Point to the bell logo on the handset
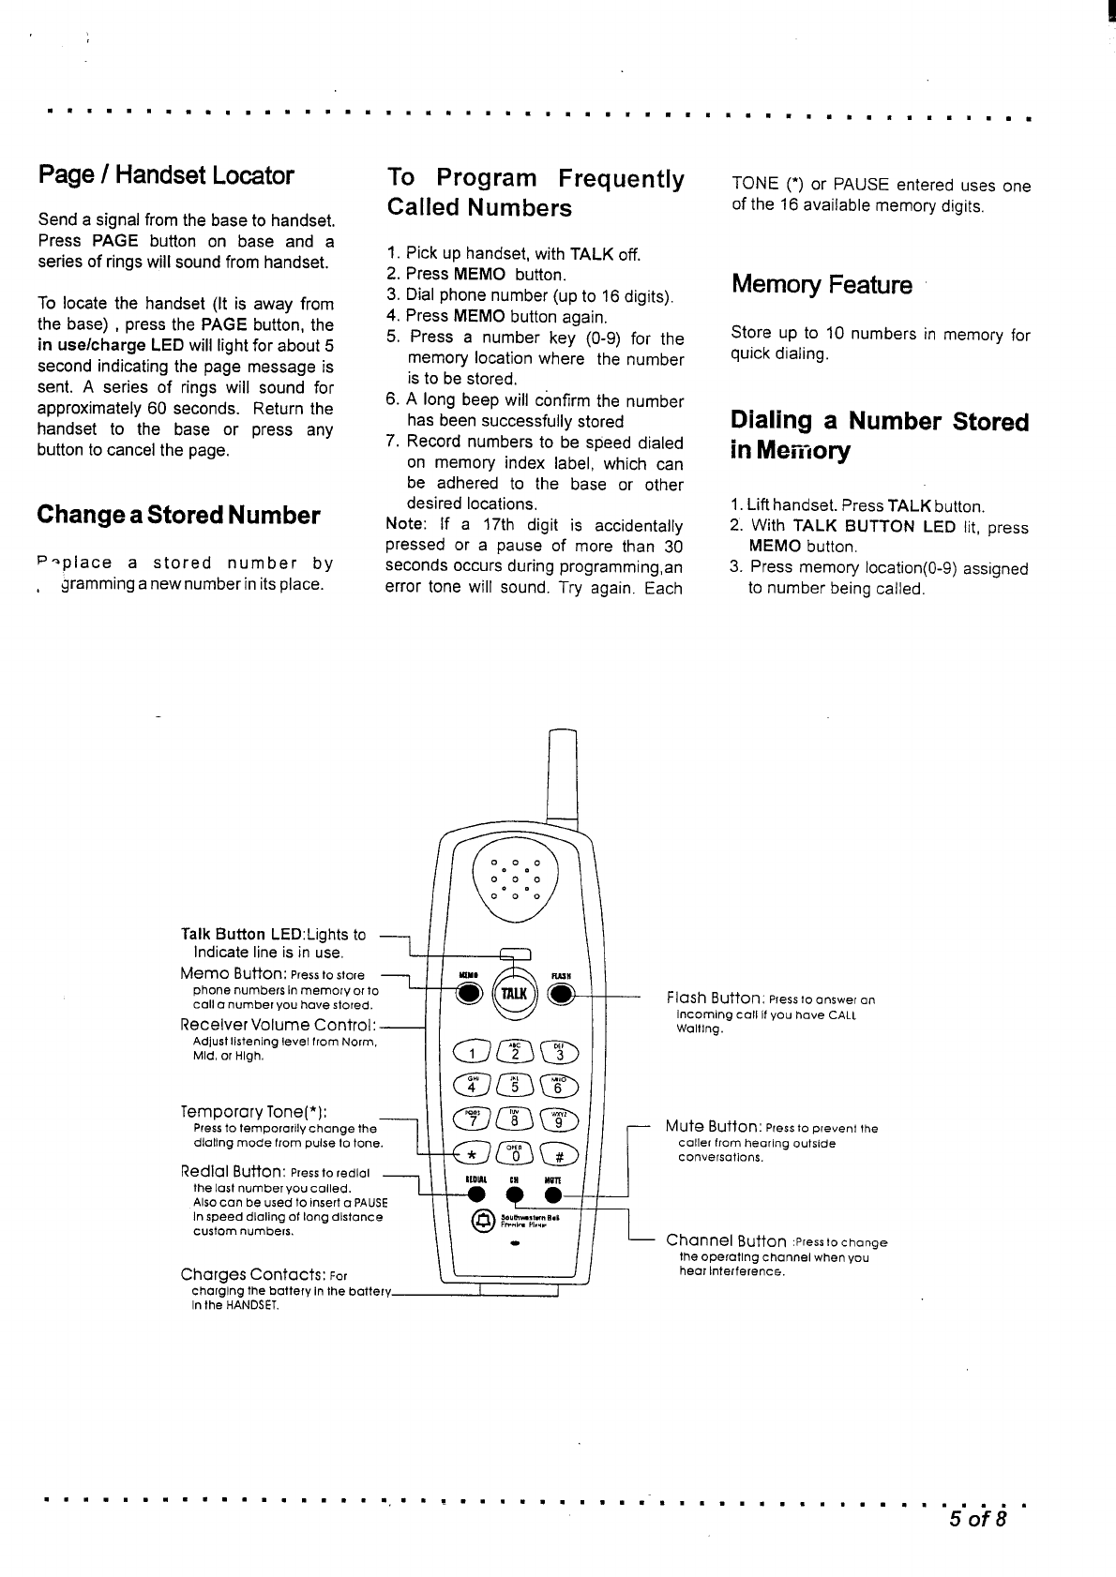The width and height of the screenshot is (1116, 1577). click(484, 1220)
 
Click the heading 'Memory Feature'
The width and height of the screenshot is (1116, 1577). click(822, 285)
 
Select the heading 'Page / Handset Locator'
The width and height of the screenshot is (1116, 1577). click(166, 175)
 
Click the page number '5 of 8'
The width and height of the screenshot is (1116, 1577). click(976, 1519)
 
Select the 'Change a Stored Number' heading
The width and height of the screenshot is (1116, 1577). click(178, 515)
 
